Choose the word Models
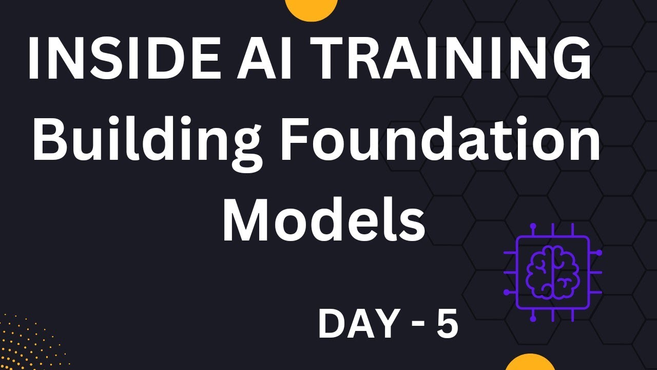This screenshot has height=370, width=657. pos(323,218)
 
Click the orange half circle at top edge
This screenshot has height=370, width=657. pos(311,7)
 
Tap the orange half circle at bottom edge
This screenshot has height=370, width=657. pos(530,363)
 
